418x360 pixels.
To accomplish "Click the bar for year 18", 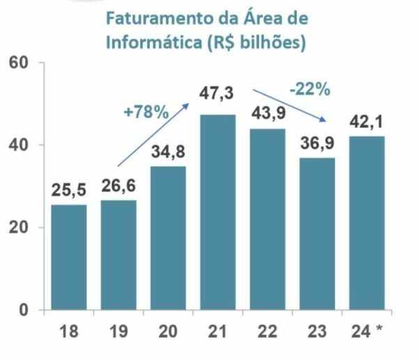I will click(x=68, y=256).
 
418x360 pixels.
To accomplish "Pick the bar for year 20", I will click(x=168, y=237).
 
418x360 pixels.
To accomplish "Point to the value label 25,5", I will click(x=68, y=190).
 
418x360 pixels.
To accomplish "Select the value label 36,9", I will click(x=318, y=143).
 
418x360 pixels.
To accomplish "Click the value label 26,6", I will click(x=118, y=186).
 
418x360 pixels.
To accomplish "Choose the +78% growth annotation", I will click(x=146, y=111).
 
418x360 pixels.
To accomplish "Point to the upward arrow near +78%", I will click(x=153, y=134).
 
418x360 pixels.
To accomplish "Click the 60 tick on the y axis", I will click(x=18, y=63).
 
